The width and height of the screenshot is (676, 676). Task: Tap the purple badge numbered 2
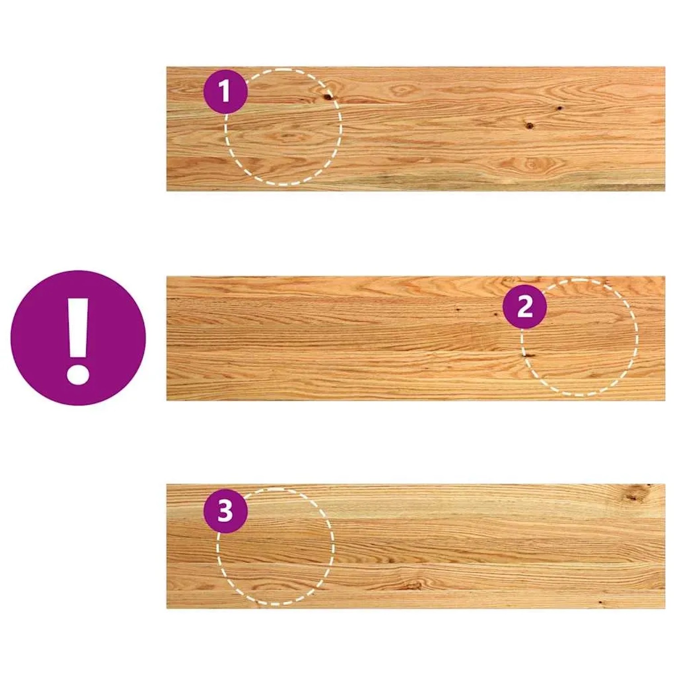point(525,307)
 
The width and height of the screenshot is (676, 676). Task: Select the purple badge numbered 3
point(225,511)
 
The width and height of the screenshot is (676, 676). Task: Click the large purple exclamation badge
point(78,338)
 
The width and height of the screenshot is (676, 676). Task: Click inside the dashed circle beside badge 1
point(283,127)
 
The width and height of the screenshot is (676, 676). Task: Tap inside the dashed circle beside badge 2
point(580,338)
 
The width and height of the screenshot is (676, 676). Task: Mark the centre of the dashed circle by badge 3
point(275,546)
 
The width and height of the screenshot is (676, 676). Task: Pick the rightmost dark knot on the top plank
point(559,108)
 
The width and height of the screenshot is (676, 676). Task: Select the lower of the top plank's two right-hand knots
point(529,125)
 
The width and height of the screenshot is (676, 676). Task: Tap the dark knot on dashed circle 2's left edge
point(525,355)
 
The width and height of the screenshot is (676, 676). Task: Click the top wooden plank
point(416,129)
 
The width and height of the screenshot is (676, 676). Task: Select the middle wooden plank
point(416,338)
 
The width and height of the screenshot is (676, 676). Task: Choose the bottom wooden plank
point(416,546)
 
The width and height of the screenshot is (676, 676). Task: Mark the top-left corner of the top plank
point(167,67)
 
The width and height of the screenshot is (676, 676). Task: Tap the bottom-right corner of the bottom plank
point(665,608)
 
